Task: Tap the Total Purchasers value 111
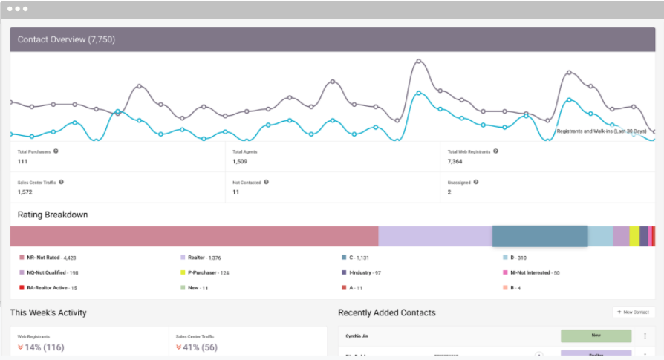tap(22, 161)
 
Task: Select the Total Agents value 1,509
tap(240, 161)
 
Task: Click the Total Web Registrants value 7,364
tap(456, 161)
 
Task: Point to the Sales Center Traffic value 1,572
tap(25, 192)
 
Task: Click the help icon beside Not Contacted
tap(266, 182)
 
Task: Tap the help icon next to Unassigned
tap(476, 182)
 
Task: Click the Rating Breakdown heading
tap(53, 215)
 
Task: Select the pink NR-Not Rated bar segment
tap(194, 236)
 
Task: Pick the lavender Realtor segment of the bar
tap(435, 236)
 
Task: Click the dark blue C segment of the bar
tap(540, 236)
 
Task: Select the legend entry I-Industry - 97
tap(365, 272)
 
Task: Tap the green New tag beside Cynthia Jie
tap(596, 336)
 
